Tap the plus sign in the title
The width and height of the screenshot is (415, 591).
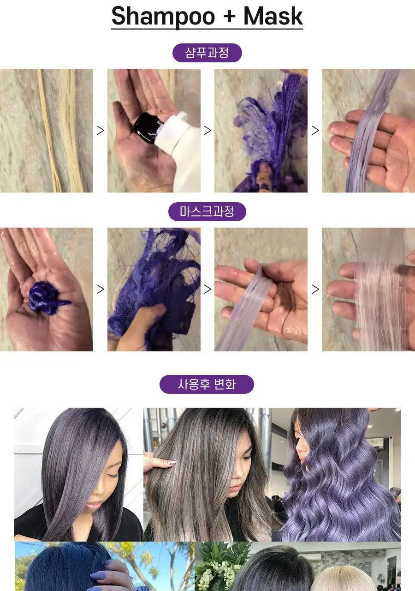(x=229, y=17)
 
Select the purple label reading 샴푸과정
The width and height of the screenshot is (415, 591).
(x=207, y=53)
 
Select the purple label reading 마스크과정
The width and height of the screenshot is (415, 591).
(x=207, y=211)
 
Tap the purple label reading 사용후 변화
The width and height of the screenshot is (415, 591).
(x=207, y=384)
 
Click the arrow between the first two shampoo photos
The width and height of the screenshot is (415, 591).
(x=100, y=130)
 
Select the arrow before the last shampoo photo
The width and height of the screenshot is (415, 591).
(x=315, y=130)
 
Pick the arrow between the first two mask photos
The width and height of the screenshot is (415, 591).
(x=100, y=289)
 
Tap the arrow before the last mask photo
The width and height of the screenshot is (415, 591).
(x=315, y=289)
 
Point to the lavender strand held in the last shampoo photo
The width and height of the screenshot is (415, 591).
(x=369, y=132)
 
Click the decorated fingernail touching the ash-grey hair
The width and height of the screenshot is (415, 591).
(x=172, y=462)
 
